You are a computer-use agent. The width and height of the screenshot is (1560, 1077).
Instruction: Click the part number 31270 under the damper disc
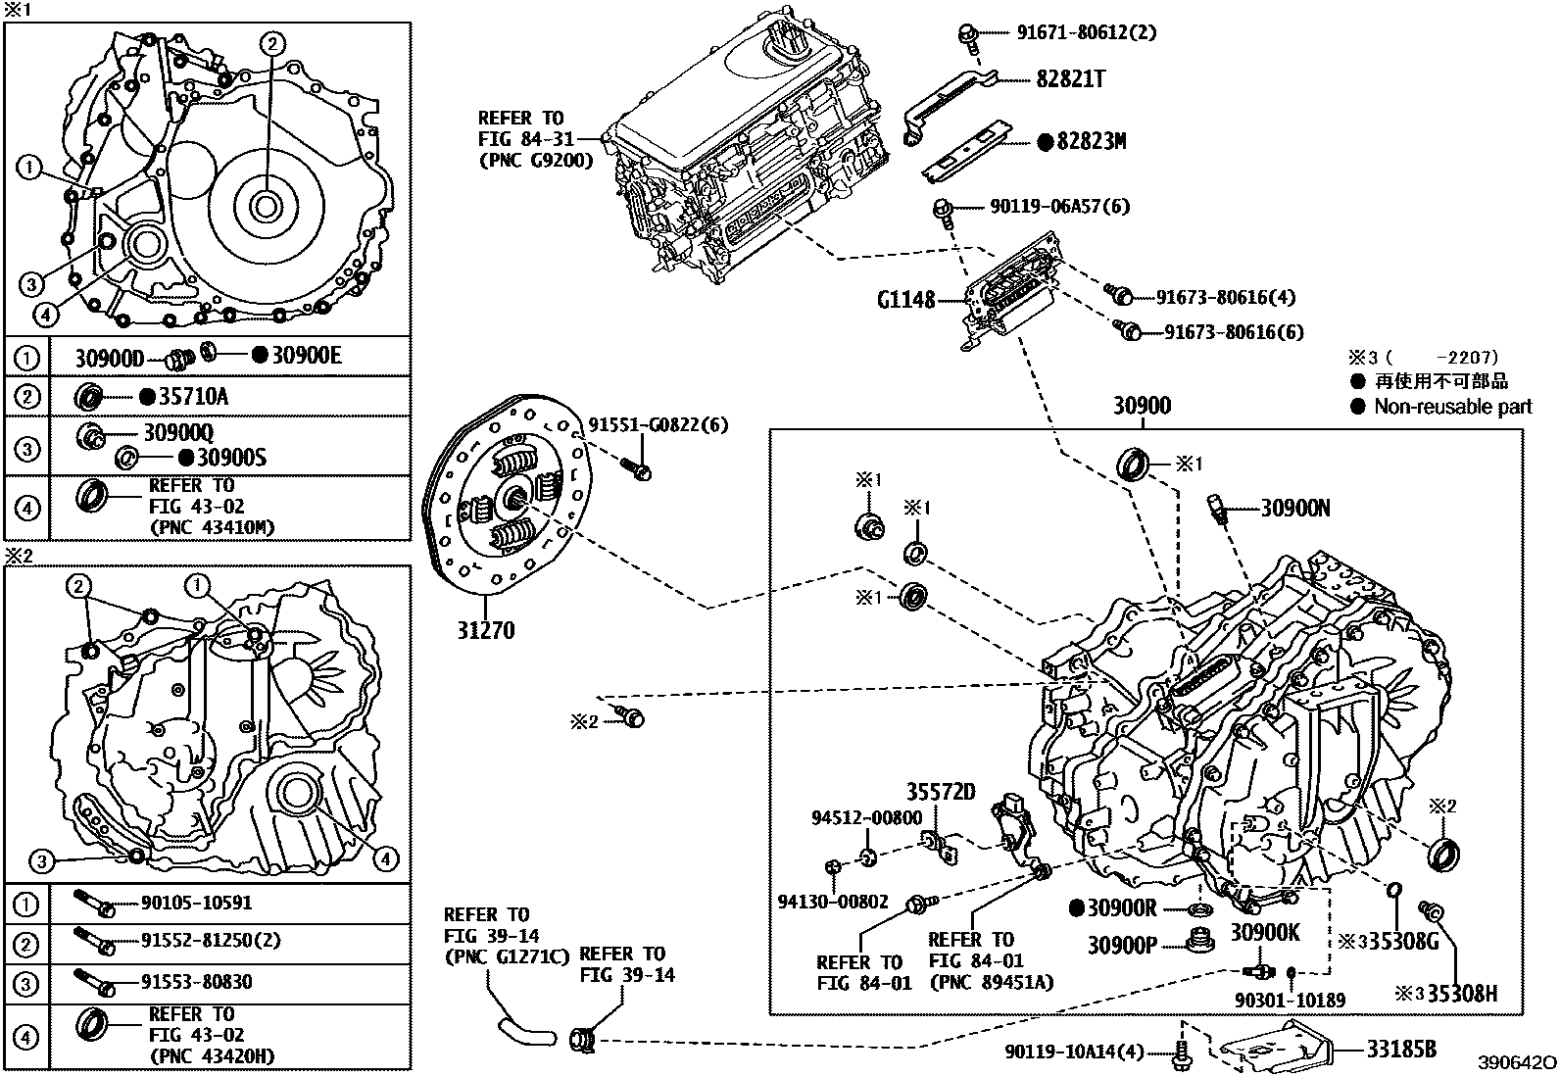point(484,629)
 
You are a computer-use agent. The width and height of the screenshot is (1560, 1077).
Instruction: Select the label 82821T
point(1071,79)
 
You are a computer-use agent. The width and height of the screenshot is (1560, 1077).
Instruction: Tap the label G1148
point(906,299)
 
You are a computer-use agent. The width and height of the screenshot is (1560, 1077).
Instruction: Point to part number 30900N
point(1295,508)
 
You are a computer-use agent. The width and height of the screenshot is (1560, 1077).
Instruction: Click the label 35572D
point(941,792)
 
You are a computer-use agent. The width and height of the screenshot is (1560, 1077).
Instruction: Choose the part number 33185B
point(1401,1049)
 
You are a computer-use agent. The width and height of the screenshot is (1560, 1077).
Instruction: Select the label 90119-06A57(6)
point(1059,206)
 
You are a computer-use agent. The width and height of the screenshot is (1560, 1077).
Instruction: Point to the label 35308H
point(1461,994)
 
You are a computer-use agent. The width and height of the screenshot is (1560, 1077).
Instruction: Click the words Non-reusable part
point(1452,407)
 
